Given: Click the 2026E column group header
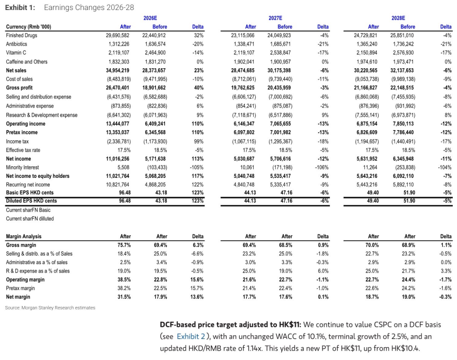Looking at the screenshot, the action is coord(150,18).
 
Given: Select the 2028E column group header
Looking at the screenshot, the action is coord(398,18).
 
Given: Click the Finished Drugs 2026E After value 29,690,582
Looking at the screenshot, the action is coord(118,35).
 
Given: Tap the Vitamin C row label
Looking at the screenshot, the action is coord(16,53).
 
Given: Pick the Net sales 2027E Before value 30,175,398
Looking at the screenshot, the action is coord(280,70).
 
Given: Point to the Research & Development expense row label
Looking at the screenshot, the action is coord(42,115).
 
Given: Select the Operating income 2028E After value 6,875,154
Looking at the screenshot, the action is coord(366,123).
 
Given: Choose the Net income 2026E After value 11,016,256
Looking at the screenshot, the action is coord(118,159).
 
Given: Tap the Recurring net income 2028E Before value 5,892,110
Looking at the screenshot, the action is coord(403,185).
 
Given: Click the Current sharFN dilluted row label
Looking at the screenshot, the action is coord(30,219).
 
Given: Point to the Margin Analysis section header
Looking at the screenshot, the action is coord(24,237).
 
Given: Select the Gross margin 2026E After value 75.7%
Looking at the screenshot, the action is coord(124,245).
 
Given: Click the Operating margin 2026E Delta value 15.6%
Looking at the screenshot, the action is coord(198,280).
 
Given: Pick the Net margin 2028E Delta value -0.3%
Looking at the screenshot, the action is coord(446,297).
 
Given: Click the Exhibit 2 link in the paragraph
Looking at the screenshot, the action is coord(191,336).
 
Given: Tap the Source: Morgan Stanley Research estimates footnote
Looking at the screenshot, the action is coord(50,308).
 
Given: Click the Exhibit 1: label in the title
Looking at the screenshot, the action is coord(20,7).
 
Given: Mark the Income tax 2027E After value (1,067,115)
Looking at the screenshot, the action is coord(244,141).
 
